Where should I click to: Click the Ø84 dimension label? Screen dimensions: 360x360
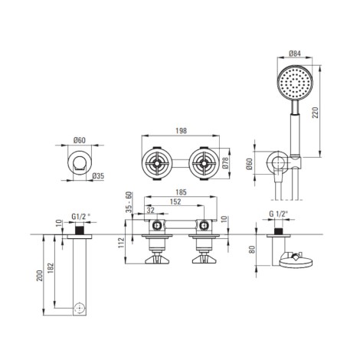click(295, 54)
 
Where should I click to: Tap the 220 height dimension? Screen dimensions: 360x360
click(316, 113)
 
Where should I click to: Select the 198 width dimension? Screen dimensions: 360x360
click(181, 131)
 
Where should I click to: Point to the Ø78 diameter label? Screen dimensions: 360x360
click(225, 162)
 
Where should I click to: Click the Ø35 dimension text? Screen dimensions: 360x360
click(98, 176)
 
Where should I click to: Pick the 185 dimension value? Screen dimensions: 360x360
click(181, 192)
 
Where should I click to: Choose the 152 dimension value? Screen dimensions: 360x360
click(175, 201)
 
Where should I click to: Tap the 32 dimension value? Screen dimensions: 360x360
click(151, 210)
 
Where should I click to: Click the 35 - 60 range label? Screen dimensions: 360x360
click(129, 202)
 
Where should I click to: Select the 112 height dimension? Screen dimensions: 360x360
click(121, 243)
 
